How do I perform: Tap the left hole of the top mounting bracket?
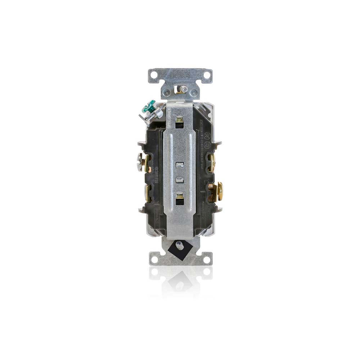(x=154, y=75)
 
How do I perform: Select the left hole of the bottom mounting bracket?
(x=154, y=258)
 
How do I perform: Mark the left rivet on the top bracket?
(x=167, y=93)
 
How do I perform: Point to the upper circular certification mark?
(x=208, y=136)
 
